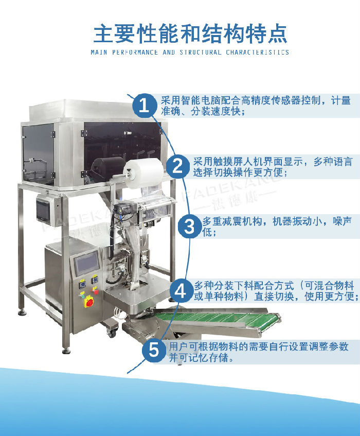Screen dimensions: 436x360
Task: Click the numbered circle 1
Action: click(x=145, y=106)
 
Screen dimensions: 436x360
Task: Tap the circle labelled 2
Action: click(x=178, y=166)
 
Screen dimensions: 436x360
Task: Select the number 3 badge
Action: click(x=190, y=226)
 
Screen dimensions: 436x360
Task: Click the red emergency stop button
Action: click(x=89, y=302)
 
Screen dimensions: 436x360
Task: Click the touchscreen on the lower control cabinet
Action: click(x=86, y=264)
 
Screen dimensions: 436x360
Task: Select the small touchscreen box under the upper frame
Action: click(x=45, y=210)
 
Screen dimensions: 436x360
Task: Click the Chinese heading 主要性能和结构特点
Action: click(x=190, y=33)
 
